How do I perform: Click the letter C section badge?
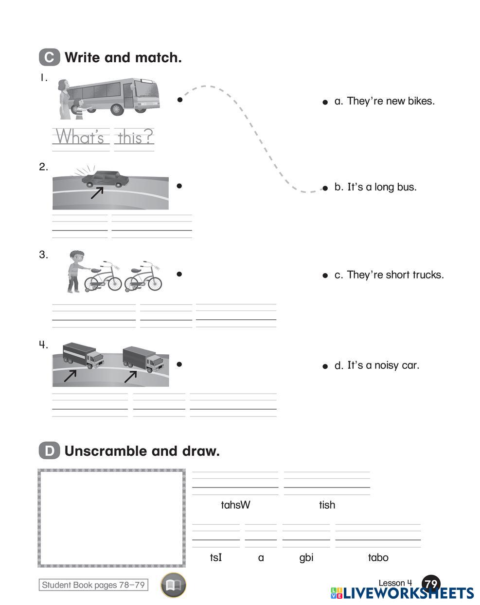[49, 57]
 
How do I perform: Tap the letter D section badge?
[49, 451]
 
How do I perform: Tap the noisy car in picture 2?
[105, 179]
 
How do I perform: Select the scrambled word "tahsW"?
[235, 505]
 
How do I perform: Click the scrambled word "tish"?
[327, 505]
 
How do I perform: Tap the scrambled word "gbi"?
[306, 557]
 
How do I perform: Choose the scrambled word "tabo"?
[378, 557]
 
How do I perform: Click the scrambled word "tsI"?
[216, 557]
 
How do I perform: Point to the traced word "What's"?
[80, 138]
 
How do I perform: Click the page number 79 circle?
[431, 584]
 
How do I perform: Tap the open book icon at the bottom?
[173, 585]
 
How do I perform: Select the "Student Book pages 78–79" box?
[93, 585]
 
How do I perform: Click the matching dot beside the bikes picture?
[179, 274]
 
